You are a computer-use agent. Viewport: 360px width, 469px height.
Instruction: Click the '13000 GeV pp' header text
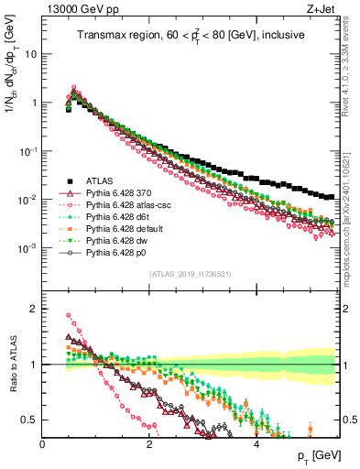tap(72, 9)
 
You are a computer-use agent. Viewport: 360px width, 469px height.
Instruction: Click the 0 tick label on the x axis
tap(43, 443)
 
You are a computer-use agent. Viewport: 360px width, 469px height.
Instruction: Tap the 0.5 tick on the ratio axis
tap(30, 420)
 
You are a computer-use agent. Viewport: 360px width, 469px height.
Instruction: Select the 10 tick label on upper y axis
tap(29, 53)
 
